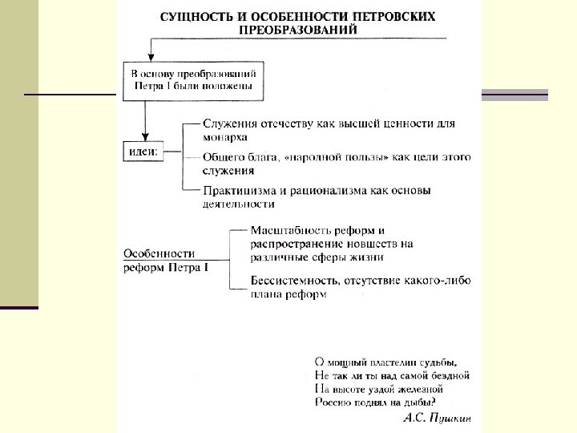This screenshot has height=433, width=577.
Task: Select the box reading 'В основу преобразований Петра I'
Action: pyautogui.click(x=192, y=79)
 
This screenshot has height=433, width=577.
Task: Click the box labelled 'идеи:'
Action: pyautogui.click(x=144, y=150)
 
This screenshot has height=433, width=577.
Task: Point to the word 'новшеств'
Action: pyautogui.click(x=369, y=243)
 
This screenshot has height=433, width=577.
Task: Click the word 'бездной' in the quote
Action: pyautogui.click(x=447, y=374)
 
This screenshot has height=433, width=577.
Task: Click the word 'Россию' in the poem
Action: pyautogui.click(x=334, y=402)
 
